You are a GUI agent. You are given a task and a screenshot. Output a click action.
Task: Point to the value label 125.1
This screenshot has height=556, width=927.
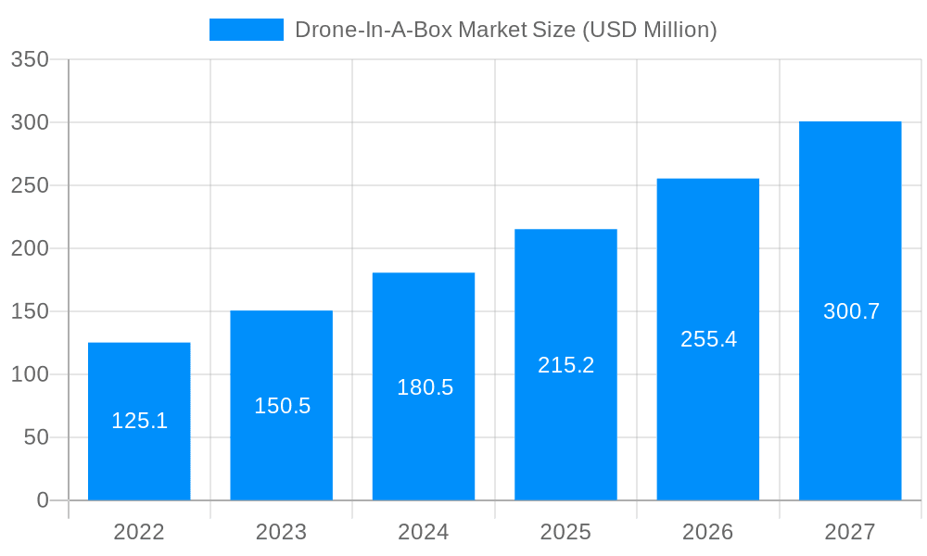(x=139, y=421)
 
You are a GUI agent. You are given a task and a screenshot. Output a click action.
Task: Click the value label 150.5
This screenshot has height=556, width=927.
(x=282, y=406)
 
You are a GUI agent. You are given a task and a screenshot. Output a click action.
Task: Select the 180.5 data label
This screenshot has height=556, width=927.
(x=425, y=387)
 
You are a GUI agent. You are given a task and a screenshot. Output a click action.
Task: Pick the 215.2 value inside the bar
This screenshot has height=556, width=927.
(x=565, y=365)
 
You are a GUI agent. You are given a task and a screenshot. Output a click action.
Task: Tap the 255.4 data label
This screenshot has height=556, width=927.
(x=708, y=339)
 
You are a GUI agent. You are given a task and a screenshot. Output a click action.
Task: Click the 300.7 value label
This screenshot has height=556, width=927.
(x=851, y=311)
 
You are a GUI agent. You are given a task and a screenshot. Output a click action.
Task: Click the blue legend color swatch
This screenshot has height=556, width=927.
(x=246, y=30)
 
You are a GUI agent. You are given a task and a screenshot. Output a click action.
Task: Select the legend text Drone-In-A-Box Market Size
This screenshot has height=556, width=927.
(x=505, y=30)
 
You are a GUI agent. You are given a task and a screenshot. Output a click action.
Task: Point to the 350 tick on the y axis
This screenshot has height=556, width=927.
(x=30, y=60)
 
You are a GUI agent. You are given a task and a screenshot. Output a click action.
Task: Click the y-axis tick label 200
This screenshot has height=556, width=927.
(x=30, y=248)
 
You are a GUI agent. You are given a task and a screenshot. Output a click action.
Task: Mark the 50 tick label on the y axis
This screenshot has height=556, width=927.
(x=36, y=437)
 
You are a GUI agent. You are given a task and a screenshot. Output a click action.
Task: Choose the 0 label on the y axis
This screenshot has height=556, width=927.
(x=43, y=500)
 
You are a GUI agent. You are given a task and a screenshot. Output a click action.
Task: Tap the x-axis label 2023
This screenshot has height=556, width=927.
(x=281, y=532)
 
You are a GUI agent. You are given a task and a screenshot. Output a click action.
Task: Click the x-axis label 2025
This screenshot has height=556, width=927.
(x=565, y=532)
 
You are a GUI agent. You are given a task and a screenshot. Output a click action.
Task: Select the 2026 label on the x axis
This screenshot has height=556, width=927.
(x=707, y=532)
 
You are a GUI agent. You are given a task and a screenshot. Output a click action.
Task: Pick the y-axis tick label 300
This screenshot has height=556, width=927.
(x=30, y=122)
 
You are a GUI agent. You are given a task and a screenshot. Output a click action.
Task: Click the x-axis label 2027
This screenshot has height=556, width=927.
(x=850, y=532)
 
